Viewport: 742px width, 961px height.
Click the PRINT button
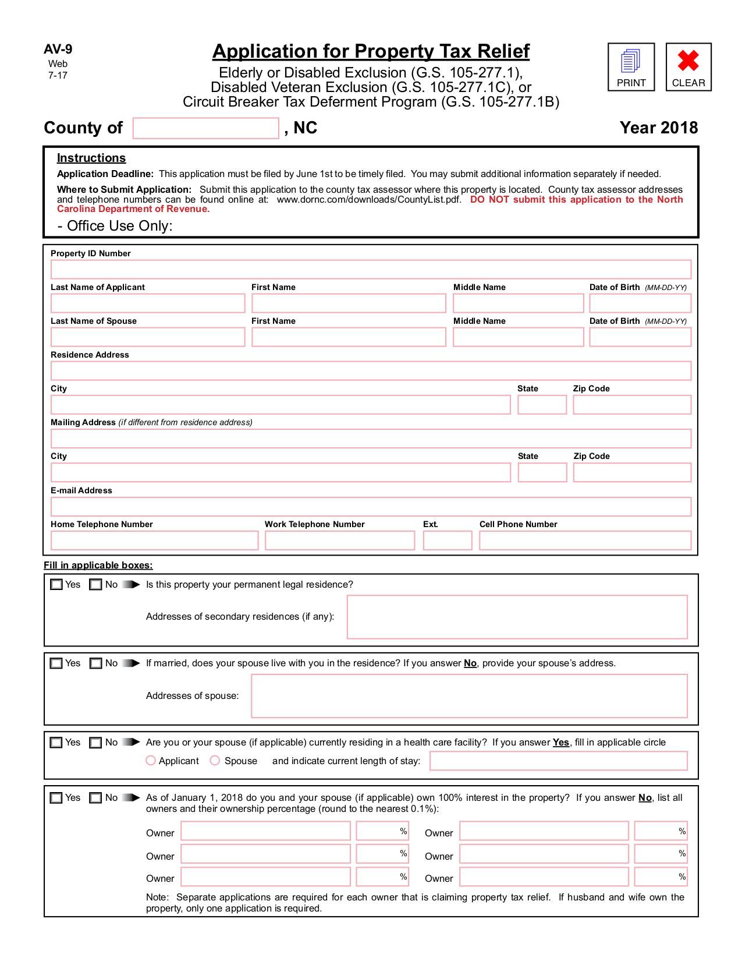click(x=631, y=67)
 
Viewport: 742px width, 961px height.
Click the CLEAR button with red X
click(x=688, y=67)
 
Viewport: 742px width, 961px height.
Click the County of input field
click(x=205, y=128)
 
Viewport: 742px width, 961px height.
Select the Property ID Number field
click(x=371, y=270)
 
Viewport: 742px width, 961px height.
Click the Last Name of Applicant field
click(x=148, y=303)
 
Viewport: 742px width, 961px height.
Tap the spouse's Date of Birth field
click(x=640, y=337)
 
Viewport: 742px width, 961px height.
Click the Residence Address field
click(x=371, y=371)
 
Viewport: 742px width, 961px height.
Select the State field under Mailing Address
click(x=542, y=472)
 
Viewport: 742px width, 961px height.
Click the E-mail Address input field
click(x=371, y=507)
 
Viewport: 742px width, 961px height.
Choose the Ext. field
click(x=447, y=540)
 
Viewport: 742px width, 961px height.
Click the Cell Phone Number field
click(x=585, y=540)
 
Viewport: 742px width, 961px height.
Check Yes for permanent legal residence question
click(x=56, y=585)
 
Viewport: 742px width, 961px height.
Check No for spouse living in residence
click(x=96, y=663)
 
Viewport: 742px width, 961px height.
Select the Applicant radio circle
click(x=151, y=761)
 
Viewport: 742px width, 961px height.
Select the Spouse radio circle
click(x=215, y=761)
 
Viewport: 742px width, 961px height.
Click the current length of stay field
click(x=558, y=761)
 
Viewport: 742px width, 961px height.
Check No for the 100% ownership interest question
click(x=96, y=798)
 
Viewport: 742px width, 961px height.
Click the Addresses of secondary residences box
click(x=517, y=617)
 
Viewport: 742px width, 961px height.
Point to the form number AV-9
click(x=58, y=50)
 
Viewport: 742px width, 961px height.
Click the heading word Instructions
click(x=91, y=158)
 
